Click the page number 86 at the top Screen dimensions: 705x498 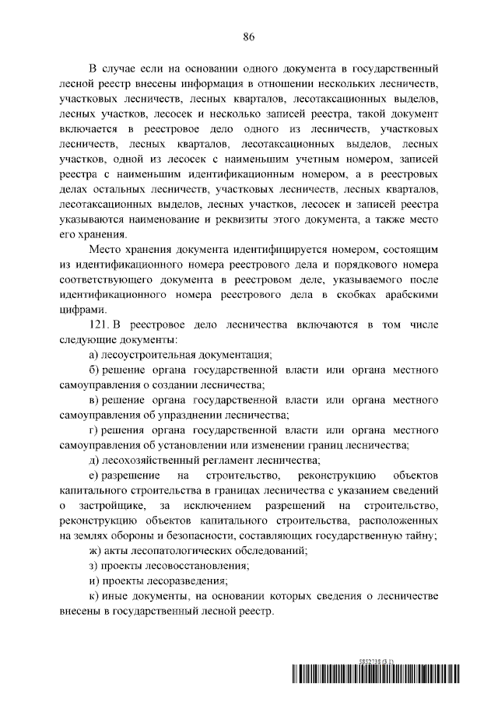pyautogui.click(x=249, y=36)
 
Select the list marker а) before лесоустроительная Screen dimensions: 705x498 pyautogui.click(x=94, y=355)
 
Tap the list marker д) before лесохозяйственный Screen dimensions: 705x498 pyautogui.click(x=95, y=459)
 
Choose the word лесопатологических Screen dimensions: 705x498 pyautogui.click(x=184, y=551)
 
